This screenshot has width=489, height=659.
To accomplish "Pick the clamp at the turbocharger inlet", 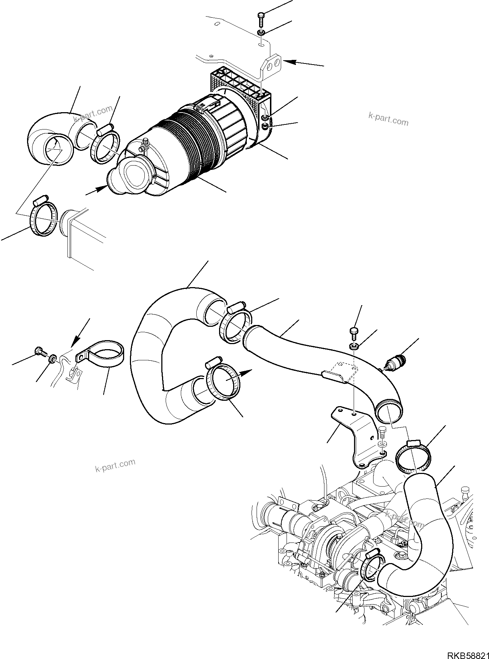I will tap(370, 570).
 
